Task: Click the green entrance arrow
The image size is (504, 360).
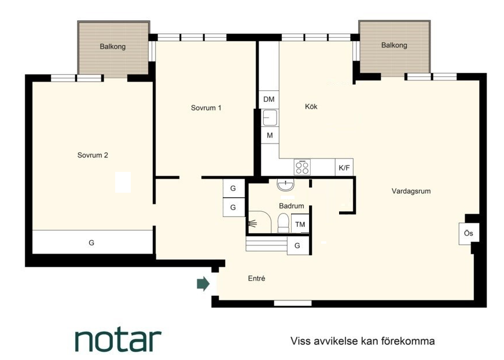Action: (203, 284)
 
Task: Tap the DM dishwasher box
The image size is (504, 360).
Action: (269, 100)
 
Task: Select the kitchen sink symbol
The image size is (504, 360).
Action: (270, 117)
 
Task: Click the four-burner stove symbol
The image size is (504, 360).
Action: (302, 167)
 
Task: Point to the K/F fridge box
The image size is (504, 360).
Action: (344, 167)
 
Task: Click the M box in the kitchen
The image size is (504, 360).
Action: (270, 135)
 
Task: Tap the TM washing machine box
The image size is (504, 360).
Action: (300, 224)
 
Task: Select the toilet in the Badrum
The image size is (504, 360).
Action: (284, 222)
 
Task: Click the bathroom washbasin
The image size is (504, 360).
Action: (285, 185)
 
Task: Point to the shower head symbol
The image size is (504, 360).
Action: (253, 223)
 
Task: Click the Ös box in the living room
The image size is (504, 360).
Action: (469, 233)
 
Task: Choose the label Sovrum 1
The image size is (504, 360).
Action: (206, 108)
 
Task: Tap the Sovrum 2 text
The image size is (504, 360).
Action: (93, 155)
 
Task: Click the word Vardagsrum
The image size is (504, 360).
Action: (411, 191)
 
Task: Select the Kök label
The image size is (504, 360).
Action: (311, 106)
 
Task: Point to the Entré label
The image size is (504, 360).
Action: (256, 278)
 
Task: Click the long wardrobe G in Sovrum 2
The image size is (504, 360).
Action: (93, 242)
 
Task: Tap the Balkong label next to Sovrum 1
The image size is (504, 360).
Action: (112, 46)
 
